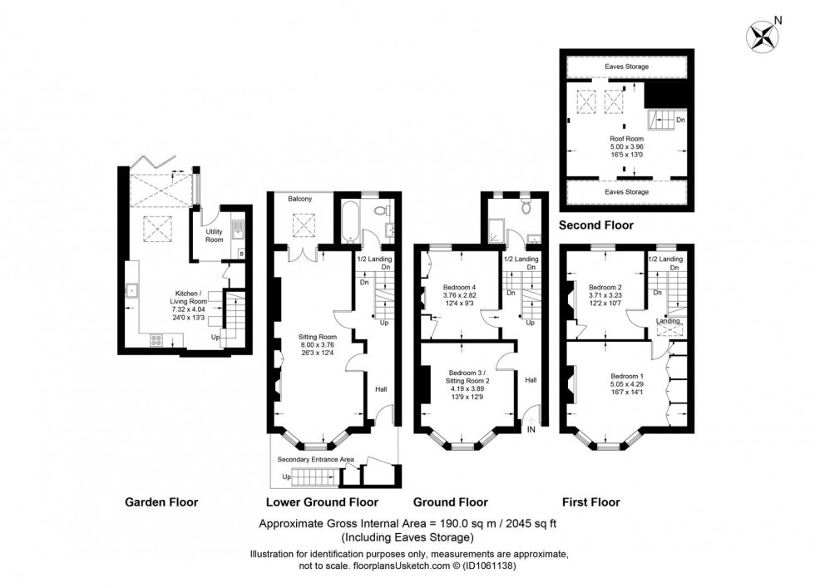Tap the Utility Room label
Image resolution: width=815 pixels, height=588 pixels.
click(x=215, y=235)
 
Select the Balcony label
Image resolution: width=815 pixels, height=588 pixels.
click(x=300, y=199)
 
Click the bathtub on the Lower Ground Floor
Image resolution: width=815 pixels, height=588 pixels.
click(x=348, y=221)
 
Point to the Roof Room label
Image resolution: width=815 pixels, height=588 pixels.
click(x=627, y=139)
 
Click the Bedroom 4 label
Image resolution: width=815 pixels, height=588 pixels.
click(x=459, y=287)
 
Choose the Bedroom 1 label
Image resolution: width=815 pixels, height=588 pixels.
click(x=627, y=377)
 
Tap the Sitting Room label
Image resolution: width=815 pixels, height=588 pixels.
click(x=317, y=337)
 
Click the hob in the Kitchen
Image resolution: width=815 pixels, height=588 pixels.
click(x=156, y=340)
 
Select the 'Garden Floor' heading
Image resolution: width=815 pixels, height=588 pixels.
click(x=161, y=502)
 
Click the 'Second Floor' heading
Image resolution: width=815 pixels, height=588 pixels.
click(x=596, y=225)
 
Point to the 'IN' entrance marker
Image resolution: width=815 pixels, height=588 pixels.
click(x=531, y=429)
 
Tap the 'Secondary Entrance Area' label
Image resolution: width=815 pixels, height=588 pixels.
click(x=315, y=460)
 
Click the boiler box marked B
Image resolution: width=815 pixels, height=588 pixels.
click(x=240, y=254)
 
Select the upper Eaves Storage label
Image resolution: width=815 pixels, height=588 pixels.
click(x=627, y=67)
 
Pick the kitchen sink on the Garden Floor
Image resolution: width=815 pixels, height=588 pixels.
click(x=132, y=290)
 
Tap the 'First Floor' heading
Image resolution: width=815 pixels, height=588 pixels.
click(x=591, y=502)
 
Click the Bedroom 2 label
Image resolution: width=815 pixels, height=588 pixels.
click(x=605, y=287)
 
